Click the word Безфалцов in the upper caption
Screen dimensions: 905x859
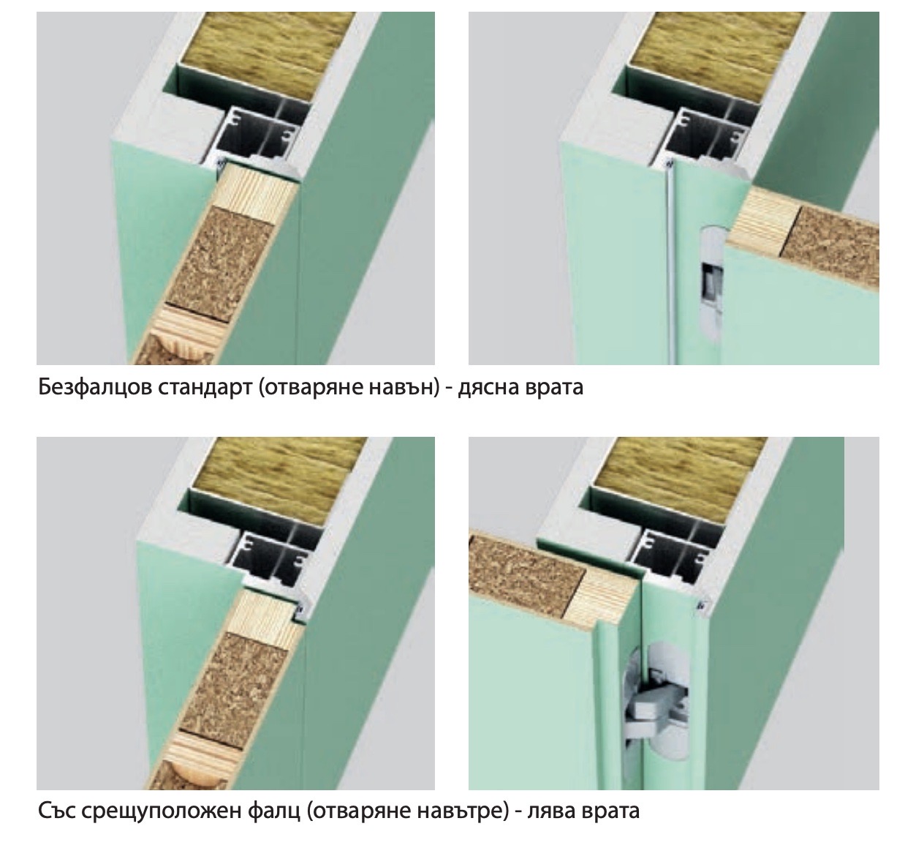pos(95,387)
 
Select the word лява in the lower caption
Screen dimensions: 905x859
pos(551,811)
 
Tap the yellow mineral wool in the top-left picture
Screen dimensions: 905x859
pos(268,52)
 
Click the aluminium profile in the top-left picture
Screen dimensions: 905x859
pos(259,138)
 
